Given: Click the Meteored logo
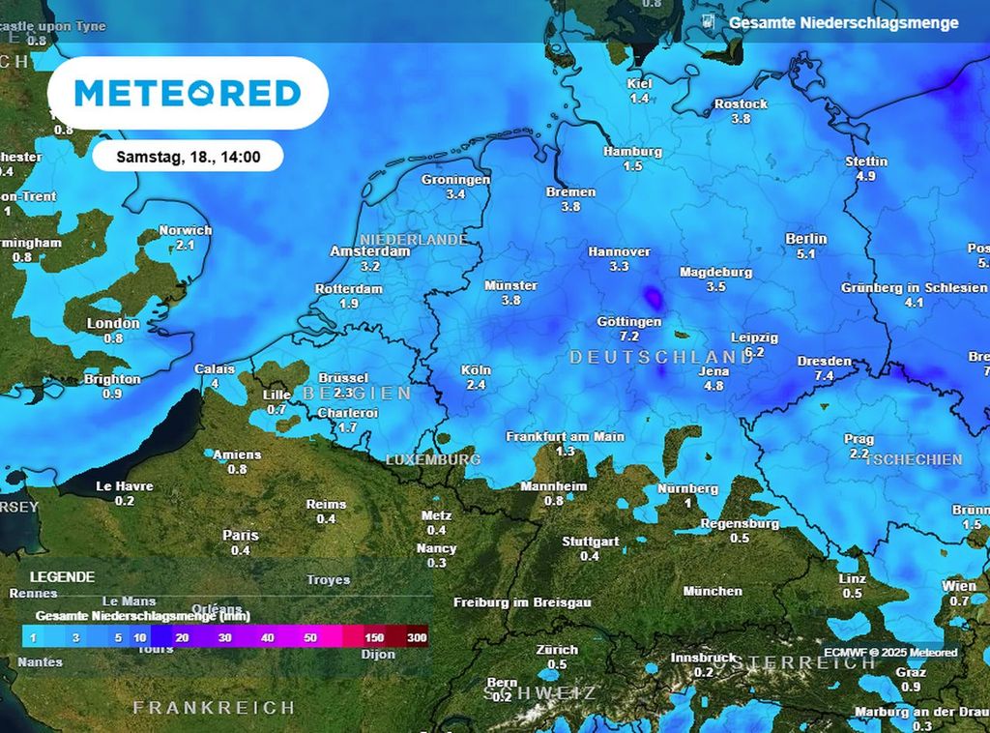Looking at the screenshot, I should (x=188, y=93).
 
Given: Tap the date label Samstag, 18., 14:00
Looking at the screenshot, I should (x=188, y=156).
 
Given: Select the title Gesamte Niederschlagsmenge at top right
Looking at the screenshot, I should (x=843, y=22).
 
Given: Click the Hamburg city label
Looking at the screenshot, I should (x=632, y=152).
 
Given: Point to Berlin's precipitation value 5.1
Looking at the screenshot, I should (x=806, y=254).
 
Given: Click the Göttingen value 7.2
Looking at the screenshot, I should (x=629, y=337).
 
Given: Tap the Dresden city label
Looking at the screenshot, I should (x=824, y=362).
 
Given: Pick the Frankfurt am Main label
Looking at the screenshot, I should (x=565, y=437).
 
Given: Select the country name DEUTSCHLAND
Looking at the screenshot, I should (x=661, y=357).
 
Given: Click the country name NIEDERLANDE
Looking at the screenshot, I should (x=414, y=239).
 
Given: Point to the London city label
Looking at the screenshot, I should (x=113, y=324).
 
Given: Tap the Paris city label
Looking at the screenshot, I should (x=241, y=536).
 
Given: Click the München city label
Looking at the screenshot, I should (x=713, y=591).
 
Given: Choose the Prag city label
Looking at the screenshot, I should (x=859, y=439).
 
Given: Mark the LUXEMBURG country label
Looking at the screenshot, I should (x=433, y=459).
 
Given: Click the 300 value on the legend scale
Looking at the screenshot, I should (x=417, y=638).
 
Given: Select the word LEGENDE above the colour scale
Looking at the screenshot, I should (x=62, y=576).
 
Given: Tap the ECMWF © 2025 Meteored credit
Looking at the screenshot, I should (x=889, y=653).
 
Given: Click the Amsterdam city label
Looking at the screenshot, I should (x=369, y=251).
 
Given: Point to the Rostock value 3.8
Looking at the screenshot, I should (x=741, y=119).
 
